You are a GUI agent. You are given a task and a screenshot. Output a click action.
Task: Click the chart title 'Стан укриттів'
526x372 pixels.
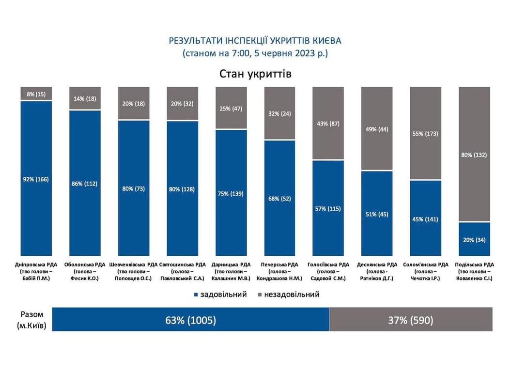255,74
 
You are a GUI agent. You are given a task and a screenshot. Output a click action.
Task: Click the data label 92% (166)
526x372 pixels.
36,179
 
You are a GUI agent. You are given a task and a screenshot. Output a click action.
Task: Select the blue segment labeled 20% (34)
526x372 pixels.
474,239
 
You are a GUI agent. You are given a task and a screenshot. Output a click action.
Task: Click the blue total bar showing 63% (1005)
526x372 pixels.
190,320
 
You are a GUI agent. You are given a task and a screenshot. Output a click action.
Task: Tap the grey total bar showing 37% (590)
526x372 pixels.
411,320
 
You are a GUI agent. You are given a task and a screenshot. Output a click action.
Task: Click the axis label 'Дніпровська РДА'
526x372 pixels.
36,264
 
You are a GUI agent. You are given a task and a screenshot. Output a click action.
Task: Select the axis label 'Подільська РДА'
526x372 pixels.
474,264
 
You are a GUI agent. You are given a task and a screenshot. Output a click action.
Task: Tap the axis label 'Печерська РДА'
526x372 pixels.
279,264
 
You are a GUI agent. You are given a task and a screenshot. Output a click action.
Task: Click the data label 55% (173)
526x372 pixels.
426,133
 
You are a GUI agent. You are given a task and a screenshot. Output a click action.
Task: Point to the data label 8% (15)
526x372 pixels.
36,93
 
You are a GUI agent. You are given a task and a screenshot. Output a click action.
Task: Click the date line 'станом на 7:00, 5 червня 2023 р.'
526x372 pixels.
255,53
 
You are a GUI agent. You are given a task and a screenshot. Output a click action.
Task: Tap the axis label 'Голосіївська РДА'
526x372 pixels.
328,264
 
